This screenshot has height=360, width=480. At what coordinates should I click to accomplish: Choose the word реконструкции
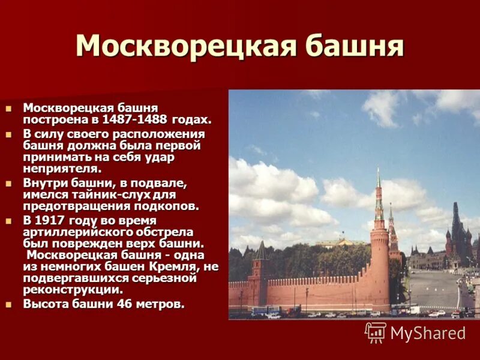(x=75, y=290)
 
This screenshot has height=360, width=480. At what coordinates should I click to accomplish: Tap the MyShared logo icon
(x=375, y=332)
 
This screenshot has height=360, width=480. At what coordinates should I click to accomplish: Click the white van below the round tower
(x=413, y=310)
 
